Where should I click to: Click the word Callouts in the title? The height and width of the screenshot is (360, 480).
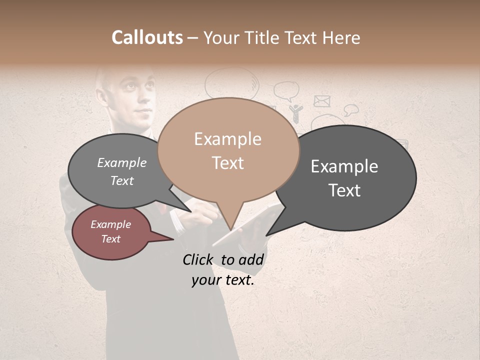click(x=147, y=37)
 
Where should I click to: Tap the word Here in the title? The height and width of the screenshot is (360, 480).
click(x=341, y=38)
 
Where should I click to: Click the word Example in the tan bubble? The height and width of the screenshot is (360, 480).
click(x=227, y=139)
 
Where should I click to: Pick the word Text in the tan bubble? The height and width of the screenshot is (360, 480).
click(x=227, y=163)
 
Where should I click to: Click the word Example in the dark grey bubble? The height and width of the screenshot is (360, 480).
click(x=344, y=166)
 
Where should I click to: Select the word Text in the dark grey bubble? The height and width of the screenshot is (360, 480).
click(x=344, y=190)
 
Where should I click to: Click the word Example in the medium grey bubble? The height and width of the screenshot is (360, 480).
click(x=122, y=163)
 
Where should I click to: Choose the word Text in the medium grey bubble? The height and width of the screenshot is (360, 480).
click(x=122, y=181)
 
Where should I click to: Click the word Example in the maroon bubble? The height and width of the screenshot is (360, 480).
click(x=111, y=224)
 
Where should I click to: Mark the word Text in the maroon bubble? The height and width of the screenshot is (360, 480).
click(x=111, y=239)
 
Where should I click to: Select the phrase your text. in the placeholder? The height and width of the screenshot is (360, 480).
click(x=223, y=280)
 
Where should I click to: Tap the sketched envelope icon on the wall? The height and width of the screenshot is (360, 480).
click(x=322, y=101)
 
